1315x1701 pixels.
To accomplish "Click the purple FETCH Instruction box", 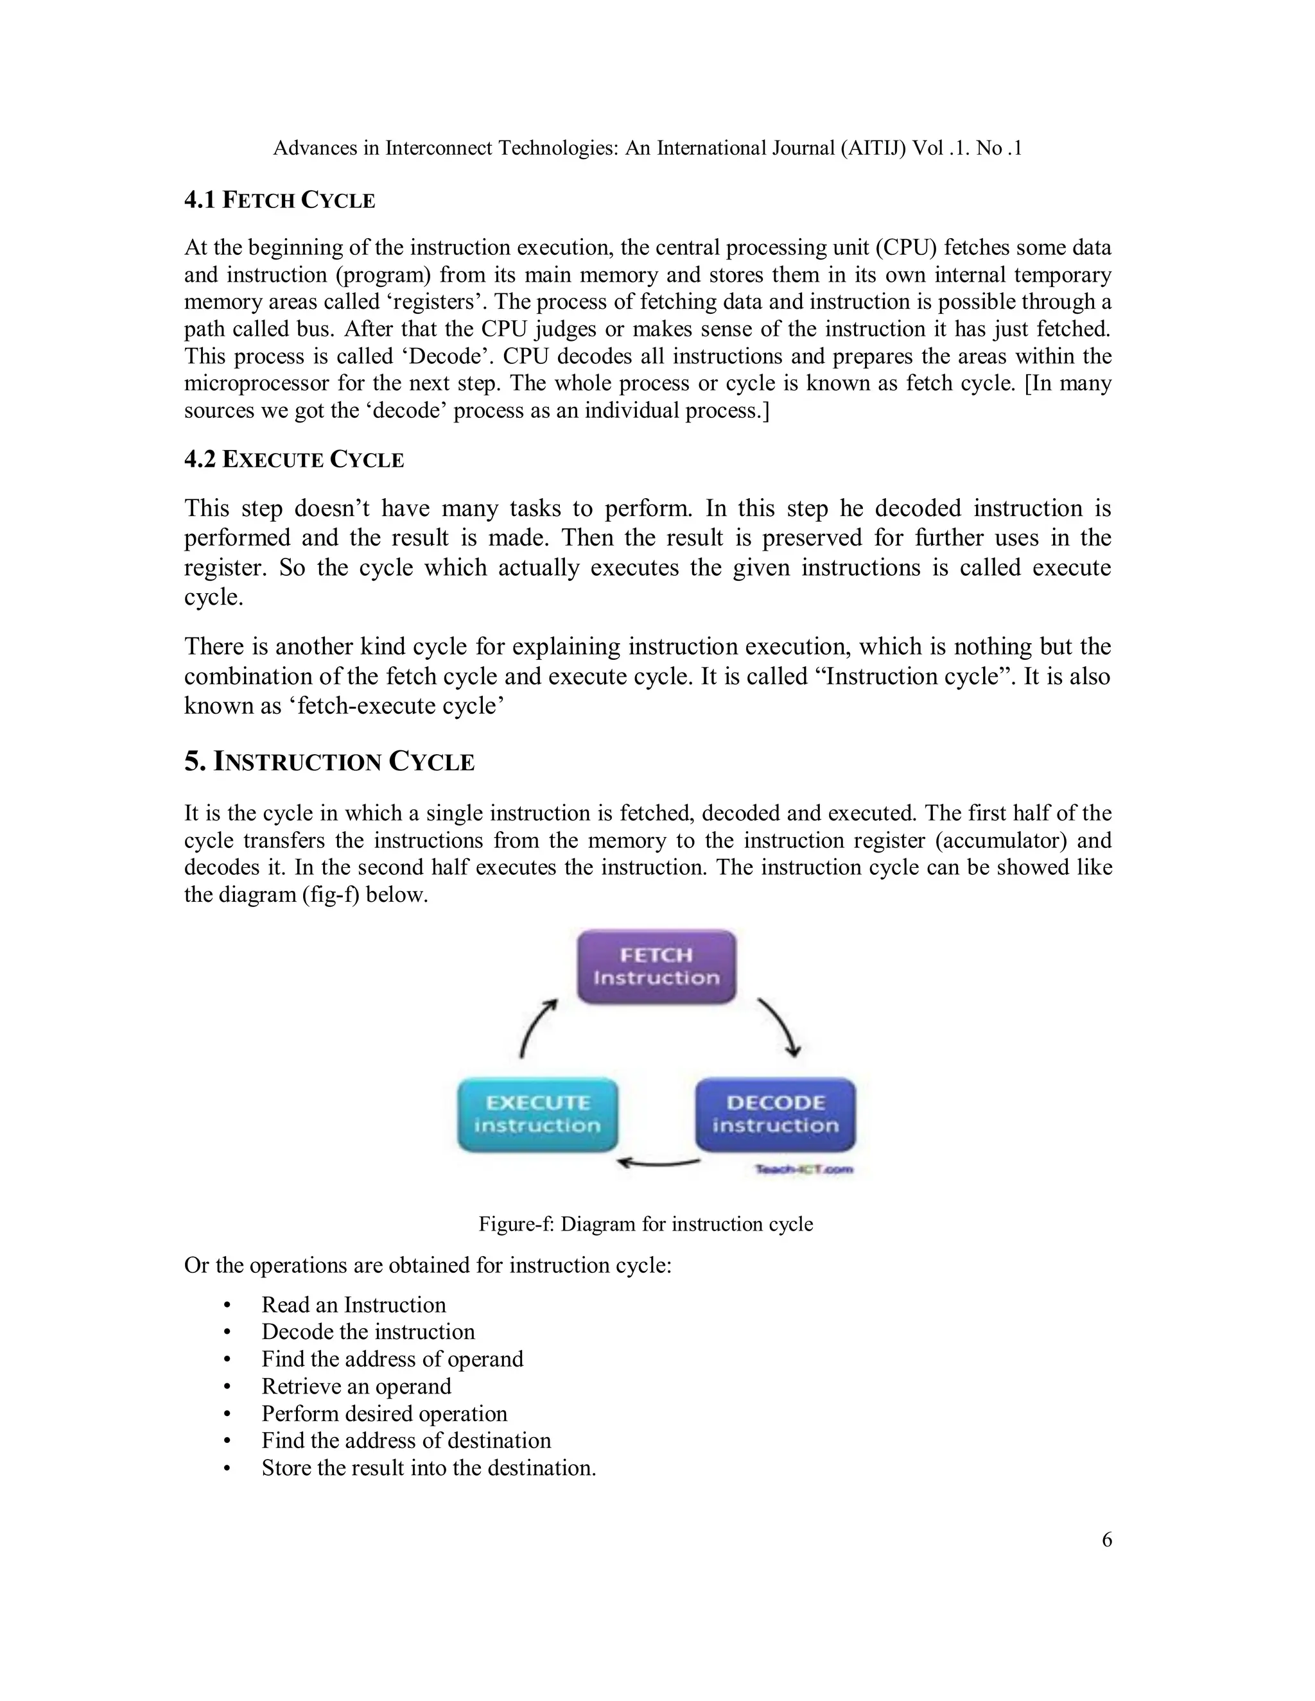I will pos(656,966).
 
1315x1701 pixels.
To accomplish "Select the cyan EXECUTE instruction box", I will pos(537,1114).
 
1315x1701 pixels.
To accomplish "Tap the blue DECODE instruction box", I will pos(775,1114).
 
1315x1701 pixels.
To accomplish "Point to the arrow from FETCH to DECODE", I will pos(779,1027).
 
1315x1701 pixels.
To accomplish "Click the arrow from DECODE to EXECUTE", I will pos(658,1164).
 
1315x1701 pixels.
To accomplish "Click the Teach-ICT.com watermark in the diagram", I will pos(803,1169).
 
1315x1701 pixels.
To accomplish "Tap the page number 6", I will pos(1106,1540).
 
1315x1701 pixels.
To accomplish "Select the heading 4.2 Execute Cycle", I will pos(293,460).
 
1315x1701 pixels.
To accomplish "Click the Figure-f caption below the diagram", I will pos(645,1223).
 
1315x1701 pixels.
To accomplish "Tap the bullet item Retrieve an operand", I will pos(356,1386).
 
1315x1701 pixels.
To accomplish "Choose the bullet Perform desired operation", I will pos(384,1413).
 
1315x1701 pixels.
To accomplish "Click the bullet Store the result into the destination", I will pos(428,1467).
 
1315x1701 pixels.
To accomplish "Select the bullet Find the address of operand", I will pos(392,1358).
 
